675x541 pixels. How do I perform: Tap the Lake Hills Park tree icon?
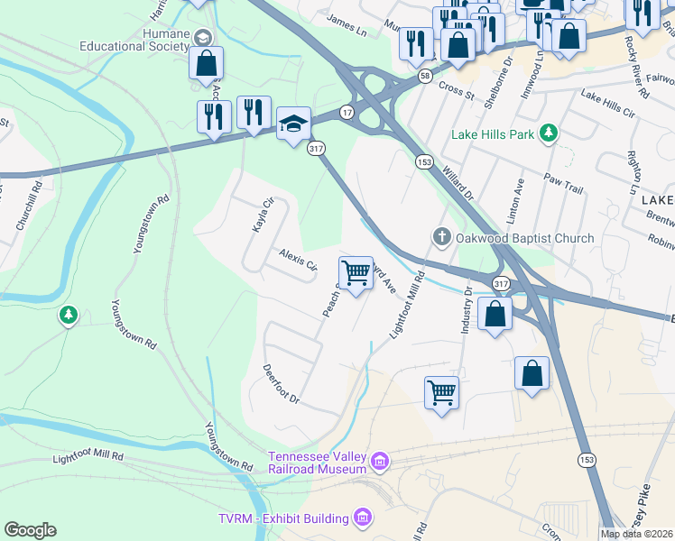pyautogui.click(x=547, y=134)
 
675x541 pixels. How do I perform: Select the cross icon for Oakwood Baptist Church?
pyautogui.click(x=441, y=238)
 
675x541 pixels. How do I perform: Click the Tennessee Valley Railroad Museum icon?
pyautogui.click(x=380, y=463)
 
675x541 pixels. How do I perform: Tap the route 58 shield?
pyautogui.click(x=424, y=78)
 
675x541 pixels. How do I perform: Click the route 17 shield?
pyautogui.click(x=347, y=112)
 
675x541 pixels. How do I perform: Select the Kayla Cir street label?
pyautogui.click(x=262, y=215)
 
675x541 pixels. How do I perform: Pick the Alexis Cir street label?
pyautogui.click(x=298, y=260)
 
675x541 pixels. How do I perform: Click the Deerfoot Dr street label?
pyautogui.click(x=280, y=384)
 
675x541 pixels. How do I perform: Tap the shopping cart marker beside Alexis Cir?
pyautogui.click(x=356, y=272)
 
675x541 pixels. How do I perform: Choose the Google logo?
pyautogui.click(x=31, y=530)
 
